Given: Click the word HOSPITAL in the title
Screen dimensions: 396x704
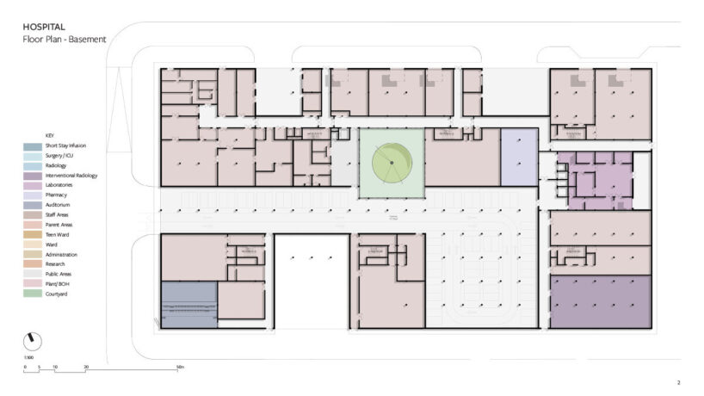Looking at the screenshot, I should pyautogui.click(x=42, y=28).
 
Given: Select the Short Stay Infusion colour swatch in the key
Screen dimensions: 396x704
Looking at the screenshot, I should pyautogui.click(x=33, y=146).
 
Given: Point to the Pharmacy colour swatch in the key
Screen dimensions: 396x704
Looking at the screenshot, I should pyautogui.click(x=33, y=195).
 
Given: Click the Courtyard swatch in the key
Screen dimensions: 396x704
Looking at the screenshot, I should pyautogui.click(x=33, y=294).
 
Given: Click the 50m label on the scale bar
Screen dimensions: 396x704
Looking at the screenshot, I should pyautogui.click(x=180, y=368).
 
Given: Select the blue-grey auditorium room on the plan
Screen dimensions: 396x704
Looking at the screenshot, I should pyautogui.click(x=189, y=304).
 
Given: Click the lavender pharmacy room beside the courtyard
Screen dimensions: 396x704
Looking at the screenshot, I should pyautogui.click(x=519, y=157).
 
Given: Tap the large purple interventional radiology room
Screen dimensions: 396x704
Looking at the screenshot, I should pyautogui.click(x=600, y=301).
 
